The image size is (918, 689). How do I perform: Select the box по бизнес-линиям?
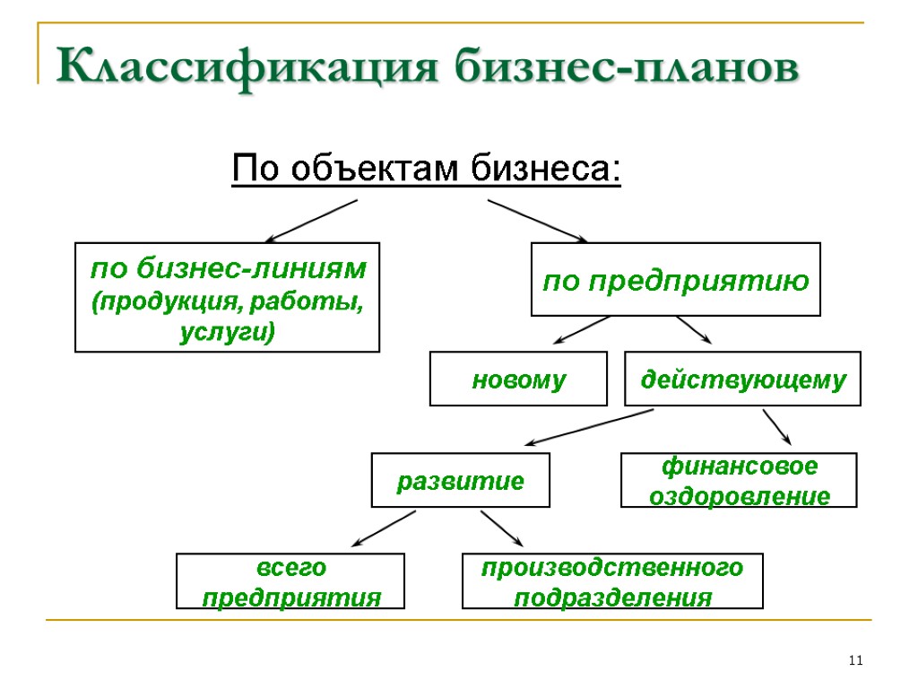[x=228, y=297]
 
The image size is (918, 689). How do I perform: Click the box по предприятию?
[x=676, y=280]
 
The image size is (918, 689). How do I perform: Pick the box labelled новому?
[x=519, y=379]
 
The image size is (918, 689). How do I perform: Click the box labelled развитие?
[x=461, y=481]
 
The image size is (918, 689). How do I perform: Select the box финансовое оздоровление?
[x=740, y=481]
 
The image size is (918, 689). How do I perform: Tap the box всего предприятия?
[x=290, y=581]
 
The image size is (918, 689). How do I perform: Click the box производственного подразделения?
[x=612, y=581]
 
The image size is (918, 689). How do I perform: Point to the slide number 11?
[x=854, y=661]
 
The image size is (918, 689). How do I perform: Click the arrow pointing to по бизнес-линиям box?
[x=311, y=221]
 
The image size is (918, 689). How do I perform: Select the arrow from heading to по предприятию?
[x=537, y=221]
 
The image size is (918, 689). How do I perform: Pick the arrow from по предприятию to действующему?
[x=694, y=329]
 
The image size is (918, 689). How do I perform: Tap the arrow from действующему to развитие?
[x=588, y=427]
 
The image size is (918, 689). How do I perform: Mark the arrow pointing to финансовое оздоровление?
[x=777, y=427]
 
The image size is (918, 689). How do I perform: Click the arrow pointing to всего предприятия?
[x=384, y=528]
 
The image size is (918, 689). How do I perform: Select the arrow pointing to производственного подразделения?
[x=501, y=528]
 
